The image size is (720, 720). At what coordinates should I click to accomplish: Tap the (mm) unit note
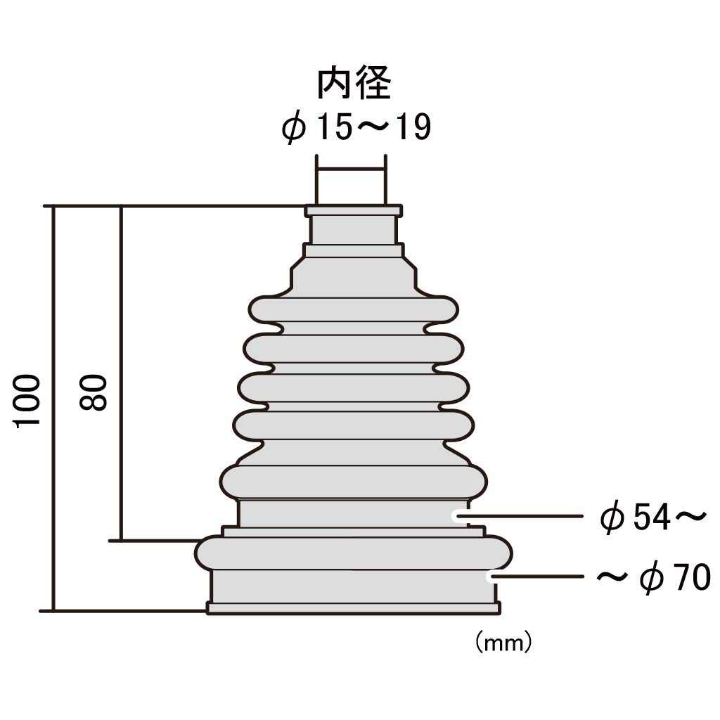coord(503,642)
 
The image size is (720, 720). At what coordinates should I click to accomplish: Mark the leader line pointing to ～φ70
coord(538,577)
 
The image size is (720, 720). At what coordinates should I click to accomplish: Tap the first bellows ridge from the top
coord(354,309)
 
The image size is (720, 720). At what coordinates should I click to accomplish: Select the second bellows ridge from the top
coord(354,349)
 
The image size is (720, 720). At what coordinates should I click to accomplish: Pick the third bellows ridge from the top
coord(354,387)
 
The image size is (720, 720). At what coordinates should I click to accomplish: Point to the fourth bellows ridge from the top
coord(354,425)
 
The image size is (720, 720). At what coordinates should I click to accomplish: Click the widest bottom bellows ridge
coord(354,552)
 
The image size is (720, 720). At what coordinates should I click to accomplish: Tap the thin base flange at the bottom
coord(354,607)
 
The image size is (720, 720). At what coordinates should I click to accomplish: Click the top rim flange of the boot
coord(354,210)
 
